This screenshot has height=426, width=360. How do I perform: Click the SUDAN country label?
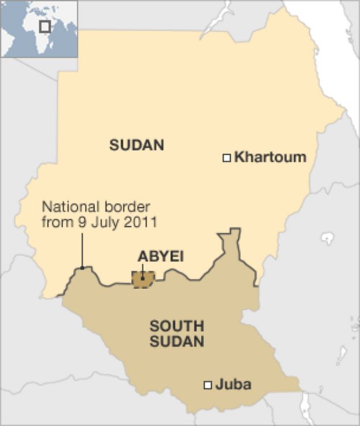[137, 145]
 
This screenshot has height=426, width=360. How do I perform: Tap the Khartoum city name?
[270, 157]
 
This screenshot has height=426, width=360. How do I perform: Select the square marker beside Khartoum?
[227, 158]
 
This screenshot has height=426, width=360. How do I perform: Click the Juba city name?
[233, 384]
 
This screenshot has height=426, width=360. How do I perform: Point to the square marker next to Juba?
[208, 384]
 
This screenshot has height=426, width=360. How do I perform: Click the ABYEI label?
[160, 256]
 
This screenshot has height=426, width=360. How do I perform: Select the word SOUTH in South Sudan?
[177, 326]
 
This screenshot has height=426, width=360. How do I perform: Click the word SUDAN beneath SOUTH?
[177, 341]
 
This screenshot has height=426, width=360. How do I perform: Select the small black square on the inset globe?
[44, 27]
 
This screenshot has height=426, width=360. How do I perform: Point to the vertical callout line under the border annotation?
[82, 248]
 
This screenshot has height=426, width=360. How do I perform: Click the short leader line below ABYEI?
[142, 271]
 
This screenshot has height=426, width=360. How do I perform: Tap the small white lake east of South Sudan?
[328, 238]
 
